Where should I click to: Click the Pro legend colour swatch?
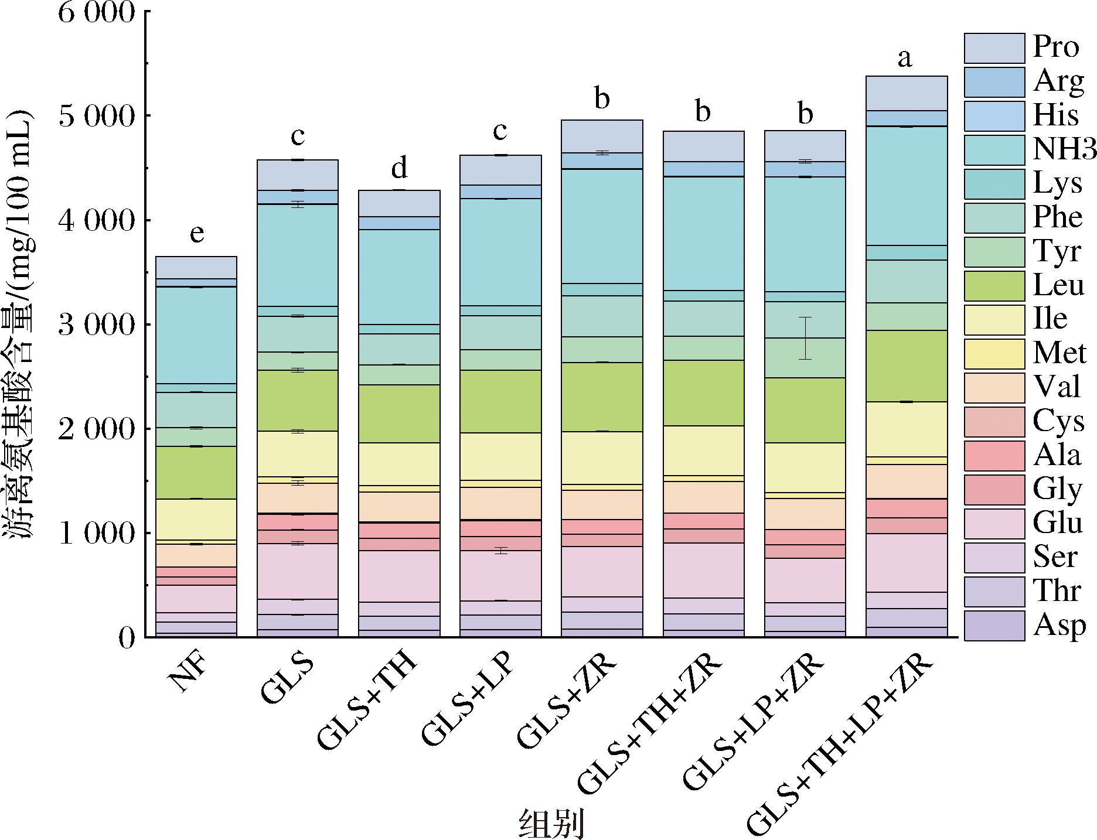(x=994, y=48)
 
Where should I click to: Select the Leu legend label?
(x=1058, y=286)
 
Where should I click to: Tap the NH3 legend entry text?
(x=1064, y=149)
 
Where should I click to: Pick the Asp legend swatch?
(x=994, y=626)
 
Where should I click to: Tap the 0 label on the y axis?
(x=126, y=637)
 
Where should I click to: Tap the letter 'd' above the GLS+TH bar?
(x=399, y=169)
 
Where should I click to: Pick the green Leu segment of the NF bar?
(x=196, y=472)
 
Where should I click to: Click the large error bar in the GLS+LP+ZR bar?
(x=806, y=338)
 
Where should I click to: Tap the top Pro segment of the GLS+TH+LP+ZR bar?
(x=907, y=93)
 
